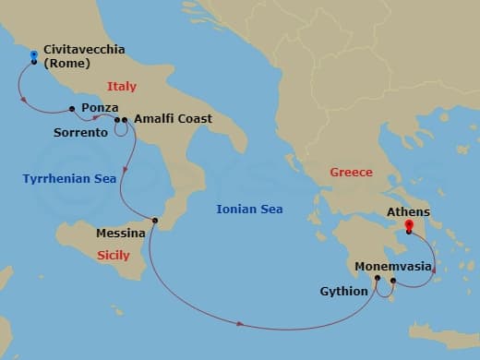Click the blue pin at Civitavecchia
point(34,56)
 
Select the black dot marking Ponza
point(72,109)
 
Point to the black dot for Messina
point(155,220)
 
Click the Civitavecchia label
point(84,50)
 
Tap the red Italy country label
point(121,87)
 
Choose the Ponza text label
point(99,108)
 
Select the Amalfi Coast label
point(173,119)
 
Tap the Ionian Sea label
point(249,210)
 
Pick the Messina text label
point(121,234)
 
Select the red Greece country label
point(351,173)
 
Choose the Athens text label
point(408,211)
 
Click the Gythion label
point(342,292)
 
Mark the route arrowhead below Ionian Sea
point(240,324)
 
